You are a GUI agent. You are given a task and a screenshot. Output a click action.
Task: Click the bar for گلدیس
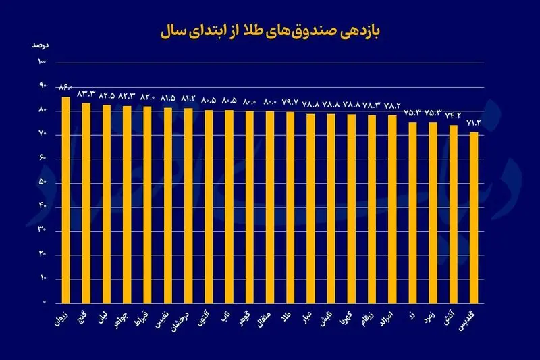pos(474,217)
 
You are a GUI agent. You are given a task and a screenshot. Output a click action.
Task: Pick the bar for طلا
pos(290,207)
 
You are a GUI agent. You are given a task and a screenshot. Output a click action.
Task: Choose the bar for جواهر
pos(127,203)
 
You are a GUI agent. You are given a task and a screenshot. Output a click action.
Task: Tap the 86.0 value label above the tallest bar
pos(65,87)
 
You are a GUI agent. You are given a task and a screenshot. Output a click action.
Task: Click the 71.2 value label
pos(474,122)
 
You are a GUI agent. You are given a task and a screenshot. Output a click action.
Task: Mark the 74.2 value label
pos(454,115)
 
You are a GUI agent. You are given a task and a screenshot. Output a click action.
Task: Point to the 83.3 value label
pos(86,93)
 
